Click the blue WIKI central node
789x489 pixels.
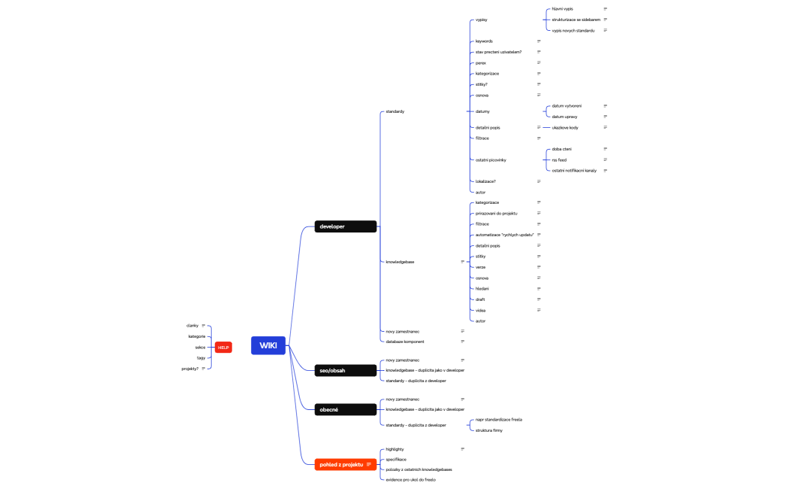[x=268, y=345]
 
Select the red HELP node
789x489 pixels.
[x=223, y=347]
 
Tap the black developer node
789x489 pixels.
[x=346, y=226]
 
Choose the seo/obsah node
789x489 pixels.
[x=346, y=370]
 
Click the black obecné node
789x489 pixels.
[x=346, y=409]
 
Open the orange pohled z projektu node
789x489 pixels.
[x=346, y=465]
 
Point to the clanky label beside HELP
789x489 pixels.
[x=192, y=326]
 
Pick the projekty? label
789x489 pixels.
[x=189, y=369]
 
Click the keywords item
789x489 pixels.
[x=484, y=41]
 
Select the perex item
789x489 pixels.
[x=481, y=63]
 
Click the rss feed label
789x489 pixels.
[x=559, y=159]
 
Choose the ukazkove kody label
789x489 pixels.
[x=565, y=128]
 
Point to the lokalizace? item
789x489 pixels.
[x=485, y=181]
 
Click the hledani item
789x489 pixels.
[x=482, y=289]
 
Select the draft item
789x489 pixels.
[x=480, y=299]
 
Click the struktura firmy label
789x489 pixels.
[x=489, y=430]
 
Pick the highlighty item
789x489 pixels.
[x=395, y=449]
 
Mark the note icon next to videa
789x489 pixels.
[x=539, y=310]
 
